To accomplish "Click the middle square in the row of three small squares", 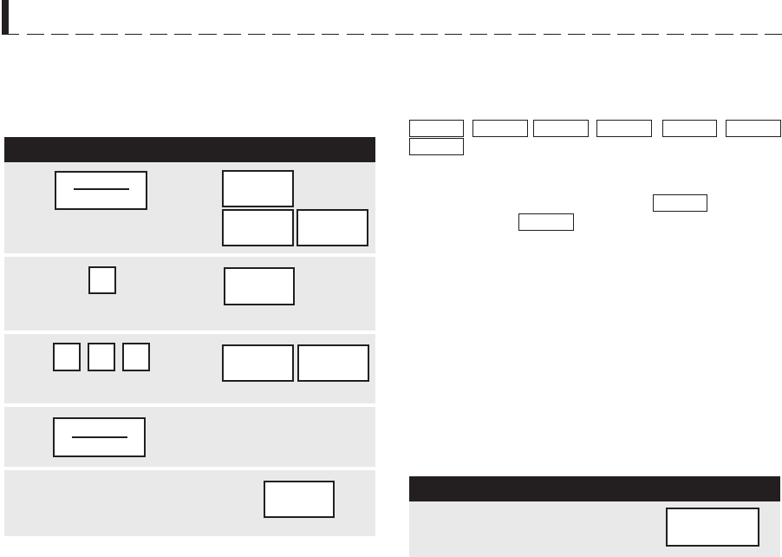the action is (102, 357).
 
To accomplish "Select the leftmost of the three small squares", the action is (67, 357).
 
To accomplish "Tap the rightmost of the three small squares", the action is (137, 357).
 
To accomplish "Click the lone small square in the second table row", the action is (102, 280).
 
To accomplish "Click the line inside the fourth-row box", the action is (99, 437).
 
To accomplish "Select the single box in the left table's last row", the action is (299, 499).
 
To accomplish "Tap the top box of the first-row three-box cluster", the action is (257, 188).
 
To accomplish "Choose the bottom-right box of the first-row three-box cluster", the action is (332, 227).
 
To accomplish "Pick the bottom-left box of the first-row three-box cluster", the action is (257, 227).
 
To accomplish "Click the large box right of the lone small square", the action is (259, 286).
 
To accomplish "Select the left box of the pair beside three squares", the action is (257, 363).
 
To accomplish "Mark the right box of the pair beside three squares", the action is (333, 363).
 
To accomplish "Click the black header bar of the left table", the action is (190, 149).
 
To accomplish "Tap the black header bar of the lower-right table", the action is (594, 488).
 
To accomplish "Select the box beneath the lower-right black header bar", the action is (713, 527).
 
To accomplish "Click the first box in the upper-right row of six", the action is (436, 129).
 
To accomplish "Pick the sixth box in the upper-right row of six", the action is (753, 129).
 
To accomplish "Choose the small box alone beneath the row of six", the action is (436, 147).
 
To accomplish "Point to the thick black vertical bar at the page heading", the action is (5, 17).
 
